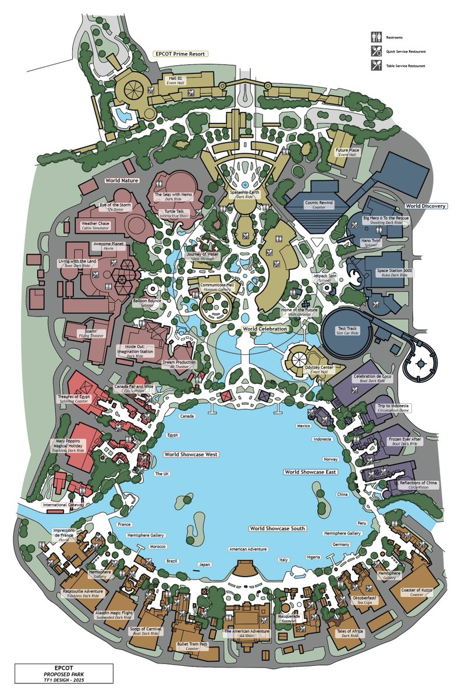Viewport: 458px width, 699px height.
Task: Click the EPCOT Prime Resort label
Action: point(180,54)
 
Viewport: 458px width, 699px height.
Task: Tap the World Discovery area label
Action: point(425,206)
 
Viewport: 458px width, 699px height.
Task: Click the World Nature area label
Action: point(122,181)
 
